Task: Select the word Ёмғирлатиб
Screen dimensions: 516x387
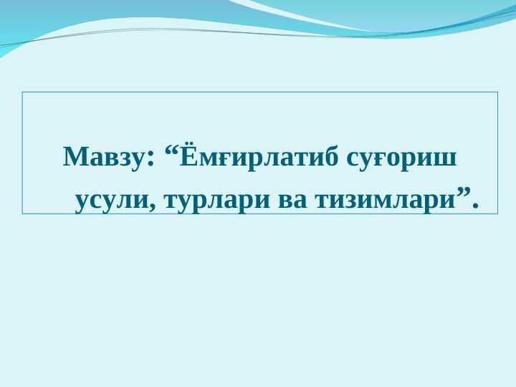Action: click(259, 156)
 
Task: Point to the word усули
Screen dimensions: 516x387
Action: click(112, 201)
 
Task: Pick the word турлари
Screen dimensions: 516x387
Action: click(217, 201)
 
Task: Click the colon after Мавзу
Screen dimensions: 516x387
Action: click(150, 159)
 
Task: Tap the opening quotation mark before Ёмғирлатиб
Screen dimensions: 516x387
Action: click(171, 151)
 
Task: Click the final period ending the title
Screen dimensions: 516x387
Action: click(475, 206)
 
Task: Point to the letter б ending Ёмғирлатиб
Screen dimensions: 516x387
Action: click(331, 156)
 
